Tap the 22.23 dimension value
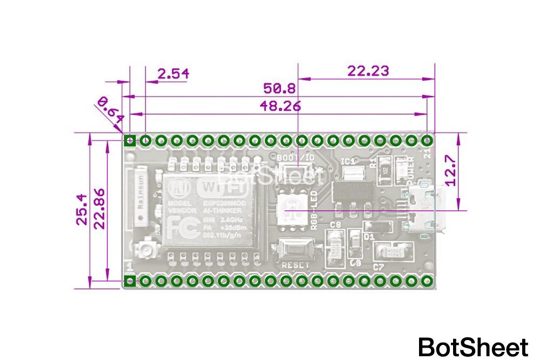tap(367, 71)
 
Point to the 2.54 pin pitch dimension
tap(173, 73)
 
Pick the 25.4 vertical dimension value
tap(82, 210)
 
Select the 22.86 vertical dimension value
tap(100, 210)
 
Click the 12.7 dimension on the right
tap(450, 170)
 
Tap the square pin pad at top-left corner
tap(130, 141)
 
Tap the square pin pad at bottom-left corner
tap(130, 281)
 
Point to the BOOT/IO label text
tap(295, 157)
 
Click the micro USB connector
tap(429, 209)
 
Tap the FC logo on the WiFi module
tap(177, 227)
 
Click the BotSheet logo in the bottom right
tap(473, 347)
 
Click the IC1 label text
tap(349, 161)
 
